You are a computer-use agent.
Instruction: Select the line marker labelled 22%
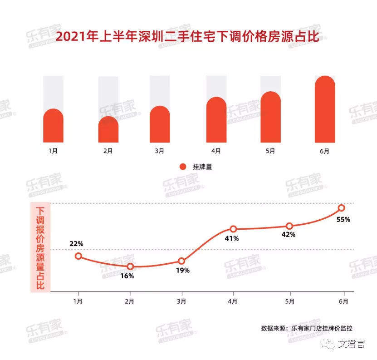coord(78,256)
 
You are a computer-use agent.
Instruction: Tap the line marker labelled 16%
coord(130,266)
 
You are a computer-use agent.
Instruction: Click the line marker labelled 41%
coord(233,229)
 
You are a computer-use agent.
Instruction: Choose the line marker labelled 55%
coord(342,208)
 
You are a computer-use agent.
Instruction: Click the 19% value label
coord(182,271)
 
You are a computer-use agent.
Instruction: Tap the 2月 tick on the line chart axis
coord(130,301)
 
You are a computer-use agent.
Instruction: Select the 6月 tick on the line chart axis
coord(343,301)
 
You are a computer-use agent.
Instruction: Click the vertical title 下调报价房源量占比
coord(41,247)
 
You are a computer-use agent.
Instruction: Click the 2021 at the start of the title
coord(70,36)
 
